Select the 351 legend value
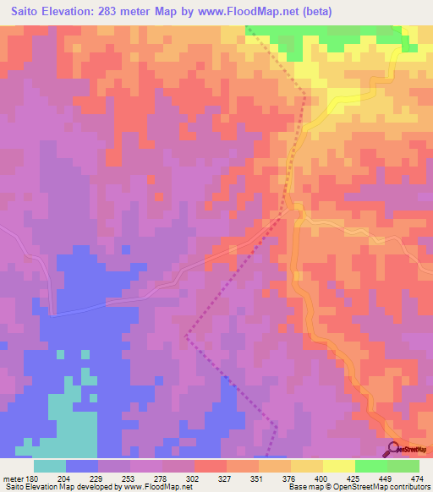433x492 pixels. click(x=275, y=478)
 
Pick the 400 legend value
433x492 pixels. click(x=339, y=478)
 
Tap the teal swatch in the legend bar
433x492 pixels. click(x=50, y=466)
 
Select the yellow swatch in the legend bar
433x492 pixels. click(x=339, y=466)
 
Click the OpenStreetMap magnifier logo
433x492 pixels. click(x=393, y=449)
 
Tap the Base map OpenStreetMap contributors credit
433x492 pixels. click(x=359, y=488)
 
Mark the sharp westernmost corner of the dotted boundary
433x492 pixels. click(x=186, y=336)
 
